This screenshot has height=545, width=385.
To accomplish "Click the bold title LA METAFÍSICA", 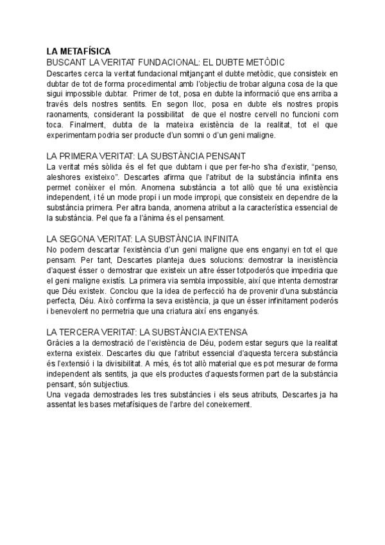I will click(78, 51).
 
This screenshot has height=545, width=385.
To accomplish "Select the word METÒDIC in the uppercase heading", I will click(261, 62).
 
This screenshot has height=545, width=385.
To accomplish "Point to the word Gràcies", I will click(60, 343).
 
